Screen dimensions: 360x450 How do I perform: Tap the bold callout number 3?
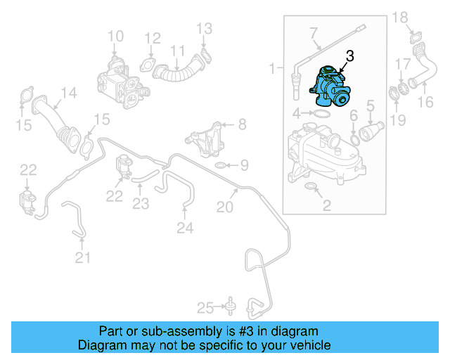click(349, 56)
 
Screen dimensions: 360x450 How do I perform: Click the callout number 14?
click(67, 93)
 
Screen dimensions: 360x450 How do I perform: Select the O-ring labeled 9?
click(220, 165)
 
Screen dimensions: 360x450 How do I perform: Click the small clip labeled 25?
click(230, 305)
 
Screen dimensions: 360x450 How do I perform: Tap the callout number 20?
click(224, 207)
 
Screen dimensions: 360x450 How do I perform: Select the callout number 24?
click(185, 227)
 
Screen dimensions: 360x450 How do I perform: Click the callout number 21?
click(83, 258)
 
